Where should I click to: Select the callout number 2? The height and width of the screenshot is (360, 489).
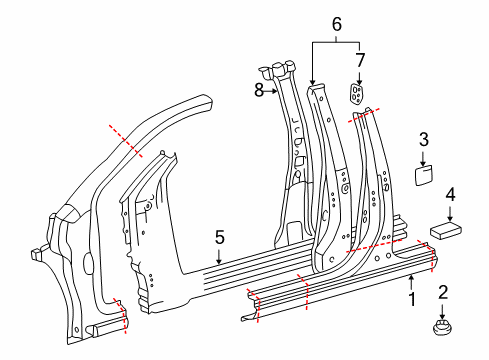point(442,293)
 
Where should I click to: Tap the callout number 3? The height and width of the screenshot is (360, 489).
point(423,139)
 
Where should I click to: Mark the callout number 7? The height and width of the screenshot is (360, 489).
point(361,61)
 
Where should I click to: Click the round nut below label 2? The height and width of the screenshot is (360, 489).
point(441,327)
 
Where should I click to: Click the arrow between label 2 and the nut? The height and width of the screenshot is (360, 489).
point(442,308)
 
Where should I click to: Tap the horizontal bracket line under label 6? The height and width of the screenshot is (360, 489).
point(336,41)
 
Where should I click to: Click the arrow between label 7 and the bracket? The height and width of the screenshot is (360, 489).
point(359,76)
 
